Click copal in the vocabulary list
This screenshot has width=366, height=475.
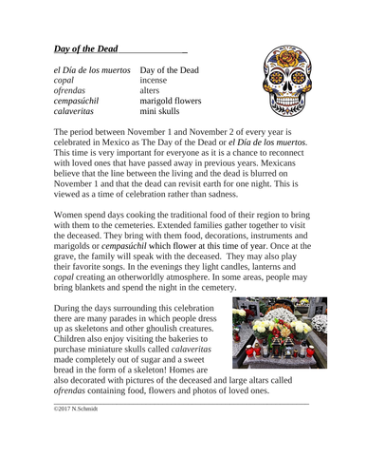coord(66,84)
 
